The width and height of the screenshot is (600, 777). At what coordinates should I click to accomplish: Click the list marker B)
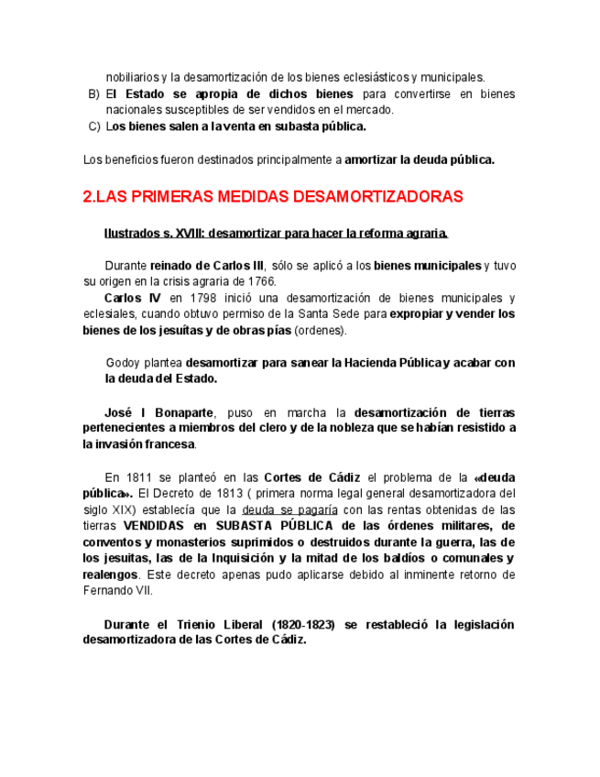pos(93,94)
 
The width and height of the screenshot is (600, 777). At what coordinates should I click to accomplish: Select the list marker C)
pos(93,126)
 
